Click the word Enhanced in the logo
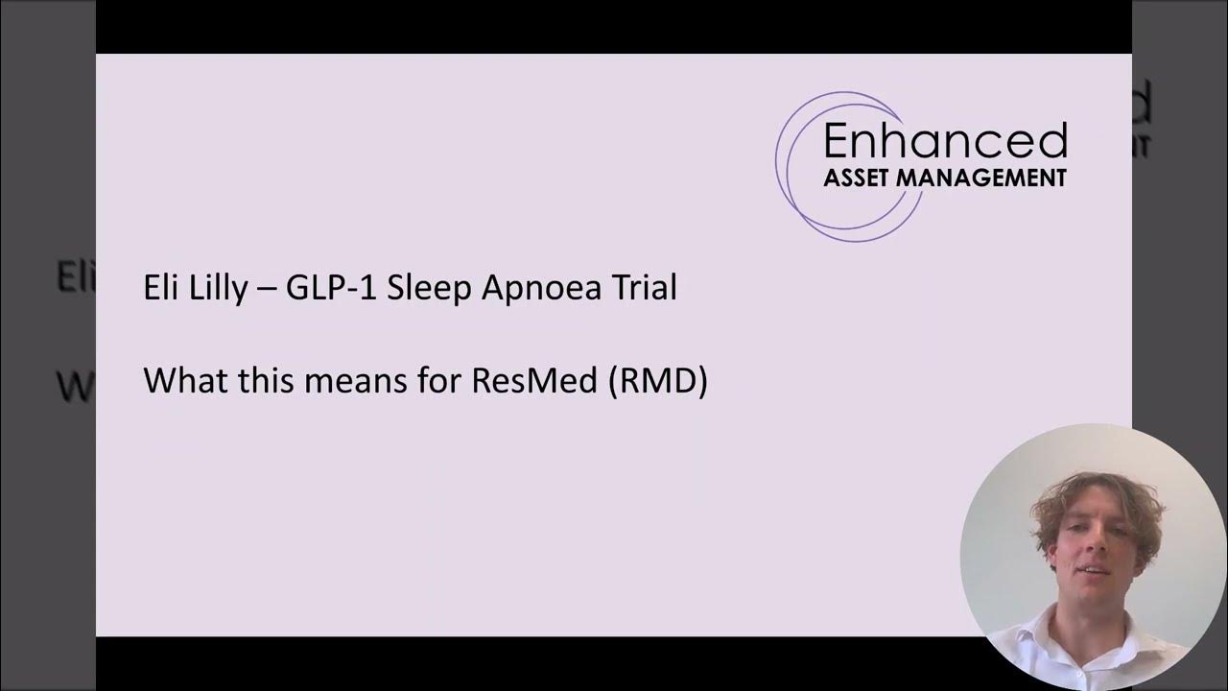(945, 141)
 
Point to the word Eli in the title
(160, 288)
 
